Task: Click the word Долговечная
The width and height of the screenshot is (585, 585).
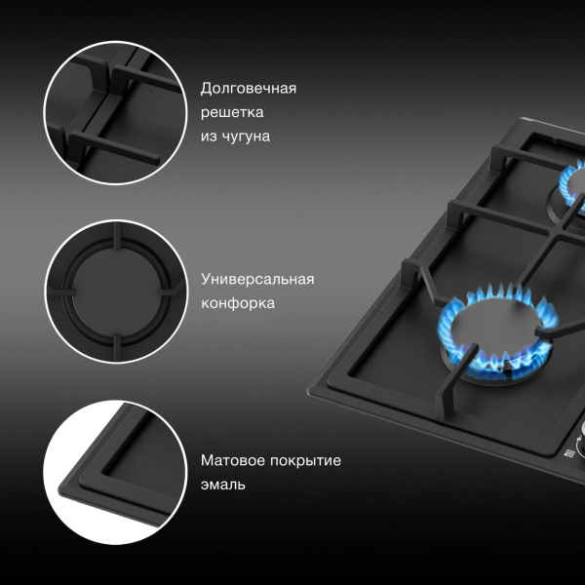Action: tap(248, 89)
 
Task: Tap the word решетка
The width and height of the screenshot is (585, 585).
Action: tap(232, 112)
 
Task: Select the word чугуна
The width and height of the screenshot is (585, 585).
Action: tap(246, 136)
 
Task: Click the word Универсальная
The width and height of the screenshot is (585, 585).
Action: tap(257, 279)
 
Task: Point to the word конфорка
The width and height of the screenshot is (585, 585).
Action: tap(238, 303)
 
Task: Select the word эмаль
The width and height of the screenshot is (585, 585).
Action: tap(223, 485)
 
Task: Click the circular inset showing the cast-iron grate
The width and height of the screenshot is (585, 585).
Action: tap(115, 113)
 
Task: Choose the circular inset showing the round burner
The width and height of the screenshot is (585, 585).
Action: tap(116, 292)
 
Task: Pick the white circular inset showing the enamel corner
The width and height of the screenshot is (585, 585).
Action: tap(115, 472)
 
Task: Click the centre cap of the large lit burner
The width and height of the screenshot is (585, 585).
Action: tap(495, 330)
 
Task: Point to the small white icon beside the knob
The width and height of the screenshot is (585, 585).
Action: tap(568, 453)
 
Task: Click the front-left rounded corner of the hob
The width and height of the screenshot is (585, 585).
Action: tap(310, 392)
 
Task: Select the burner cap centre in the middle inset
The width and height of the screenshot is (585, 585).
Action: tap(116, 292)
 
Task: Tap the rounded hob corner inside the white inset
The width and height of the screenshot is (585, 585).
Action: tap(62, 489)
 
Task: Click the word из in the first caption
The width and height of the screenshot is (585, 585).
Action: tap(209, 136)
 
